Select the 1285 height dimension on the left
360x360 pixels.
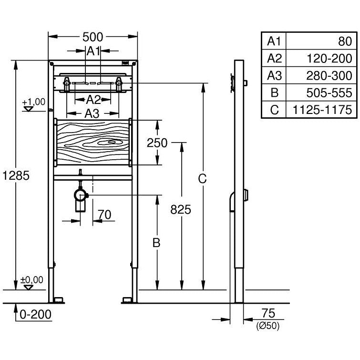[16, 175]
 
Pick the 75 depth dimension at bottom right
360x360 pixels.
[269, 313]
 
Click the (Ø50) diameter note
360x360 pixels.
[267, 326]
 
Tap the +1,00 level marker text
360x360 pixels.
[33, 102]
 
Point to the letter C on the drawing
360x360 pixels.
[203, 179]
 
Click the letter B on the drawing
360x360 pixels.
[156, 243]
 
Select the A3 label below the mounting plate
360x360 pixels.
[93, 113]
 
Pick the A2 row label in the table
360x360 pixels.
[274, 58]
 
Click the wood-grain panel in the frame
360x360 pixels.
[93, 142]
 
